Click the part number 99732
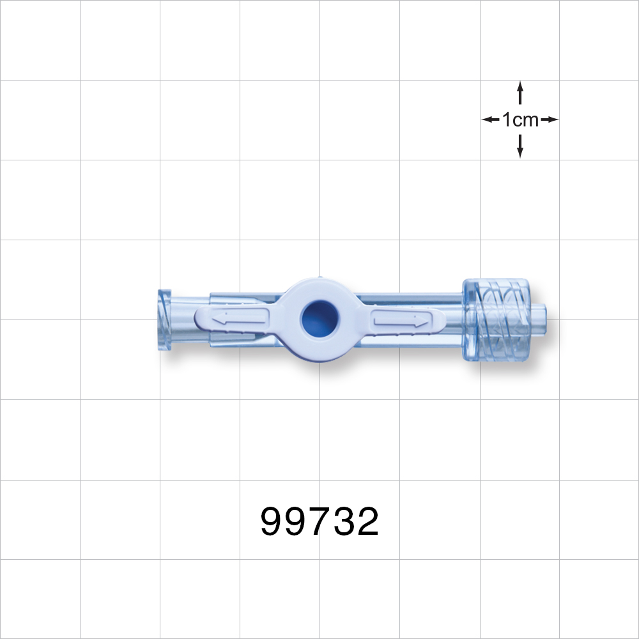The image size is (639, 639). click(x=319, y=522)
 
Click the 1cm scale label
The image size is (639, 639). click(x=520, y=119)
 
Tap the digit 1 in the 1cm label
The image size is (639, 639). click(x=507, y=119)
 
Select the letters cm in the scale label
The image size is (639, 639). click(x=526, y=119)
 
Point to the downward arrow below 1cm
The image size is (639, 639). click(x=520, y=148)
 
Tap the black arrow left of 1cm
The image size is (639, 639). click(x=490, y=119)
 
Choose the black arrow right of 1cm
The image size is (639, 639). click(x=550, y=119)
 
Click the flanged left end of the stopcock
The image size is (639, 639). click(x=164, y=319)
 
